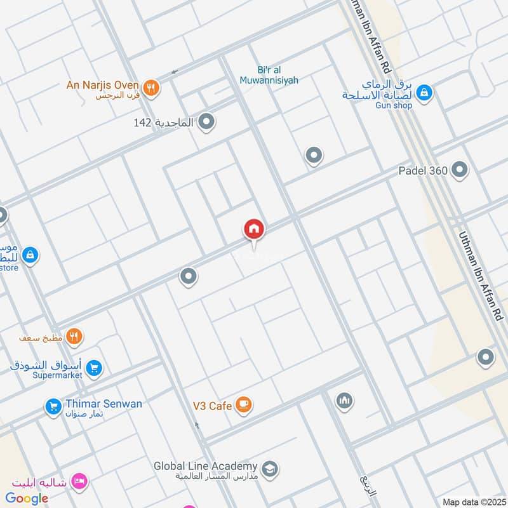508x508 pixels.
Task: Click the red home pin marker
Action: [x=254, y=229]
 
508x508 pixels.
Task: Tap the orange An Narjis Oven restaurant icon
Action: [x=150, y=88]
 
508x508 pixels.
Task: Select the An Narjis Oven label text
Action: [x=103, y=84]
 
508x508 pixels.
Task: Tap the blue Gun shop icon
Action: [x=424, y=93]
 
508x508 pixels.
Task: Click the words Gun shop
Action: [x=392, y=105]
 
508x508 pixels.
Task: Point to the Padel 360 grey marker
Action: [x=460, y=170]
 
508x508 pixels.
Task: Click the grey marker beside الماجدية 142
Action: [x=206, y=121]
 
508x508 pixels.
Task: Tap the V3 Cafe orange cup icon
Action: [x=243, y=404]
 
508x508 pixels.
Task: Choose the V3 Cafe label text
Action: [x=211, y=404]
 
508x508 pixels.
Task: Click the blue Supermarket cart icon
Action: [x=94, y=368]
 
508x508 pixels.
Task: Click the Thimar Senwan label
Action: [x=103, y=404]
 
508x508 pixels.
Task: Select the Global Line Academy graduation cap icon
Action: [x=270, y=469]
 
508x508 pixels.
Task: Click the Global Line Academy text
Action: [x=205, y=466]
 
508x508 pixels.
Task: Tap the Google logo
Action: [x=27, y=498]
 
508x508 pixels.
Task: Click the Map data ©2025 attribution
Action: [x=473, y=502]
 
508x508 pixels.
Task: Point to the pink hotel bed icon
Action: [x=79, y=481]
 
